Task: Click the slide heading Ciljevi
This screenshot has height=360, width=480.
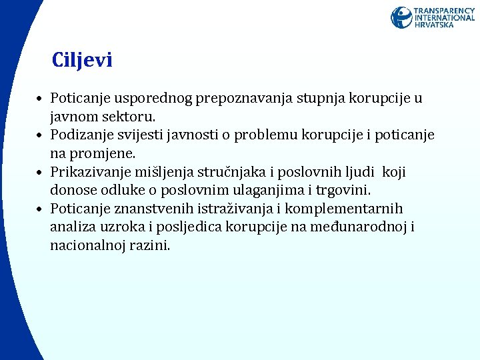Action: click(x=82, y=61)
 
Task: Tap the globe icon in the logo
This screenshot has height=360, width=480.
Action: click(x=401, y=17)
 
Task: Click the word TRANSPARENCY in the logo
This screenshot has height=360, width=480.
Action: click(x=444, y=11)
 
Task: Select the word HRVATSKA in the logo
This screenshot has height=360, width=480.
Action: click(x=434, y=25)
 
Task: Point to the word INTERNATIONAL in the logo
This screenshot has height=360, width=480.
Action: click(x=444, y=18)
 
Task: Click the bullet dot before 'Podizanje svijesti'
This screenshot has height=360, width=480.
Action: click(x=41, y=136)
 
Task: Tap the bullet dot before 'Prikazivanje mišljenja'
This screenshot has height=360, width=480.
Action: click(x=41, y=173)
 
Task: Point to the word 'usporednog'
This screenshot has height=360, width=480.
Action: click(x=149, y=99)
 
